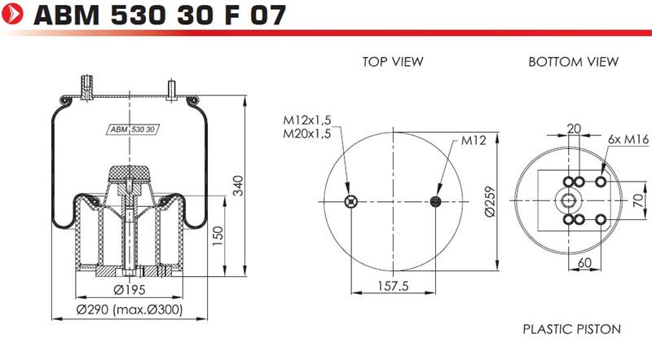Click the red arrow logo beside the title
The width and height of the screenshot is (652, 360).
(x=12, y=14)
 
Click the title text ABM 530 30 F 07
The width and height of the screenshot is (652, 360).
(x=160, y=15)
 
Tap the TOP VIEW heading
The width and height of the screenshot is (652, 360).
(x=393, y=62)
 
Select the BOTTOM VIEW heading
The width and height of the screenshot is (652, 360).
(x=573, y=62)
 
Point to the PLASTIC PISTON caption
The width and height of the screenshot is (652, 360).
(x=572, y=329)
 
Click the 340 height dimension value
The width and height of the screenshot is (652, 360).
(x=238, y=186)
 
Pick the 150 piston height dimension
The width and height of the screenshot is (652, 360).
(x=218, y=236)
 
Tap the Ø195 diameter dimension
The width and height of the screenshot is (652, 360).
(x=129, y=290)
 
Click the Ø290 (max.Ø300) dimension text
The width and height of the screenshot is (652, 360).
(x=130, y=310)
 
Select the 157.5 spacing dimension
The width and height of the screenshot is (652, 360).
(x=393, y=286)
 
